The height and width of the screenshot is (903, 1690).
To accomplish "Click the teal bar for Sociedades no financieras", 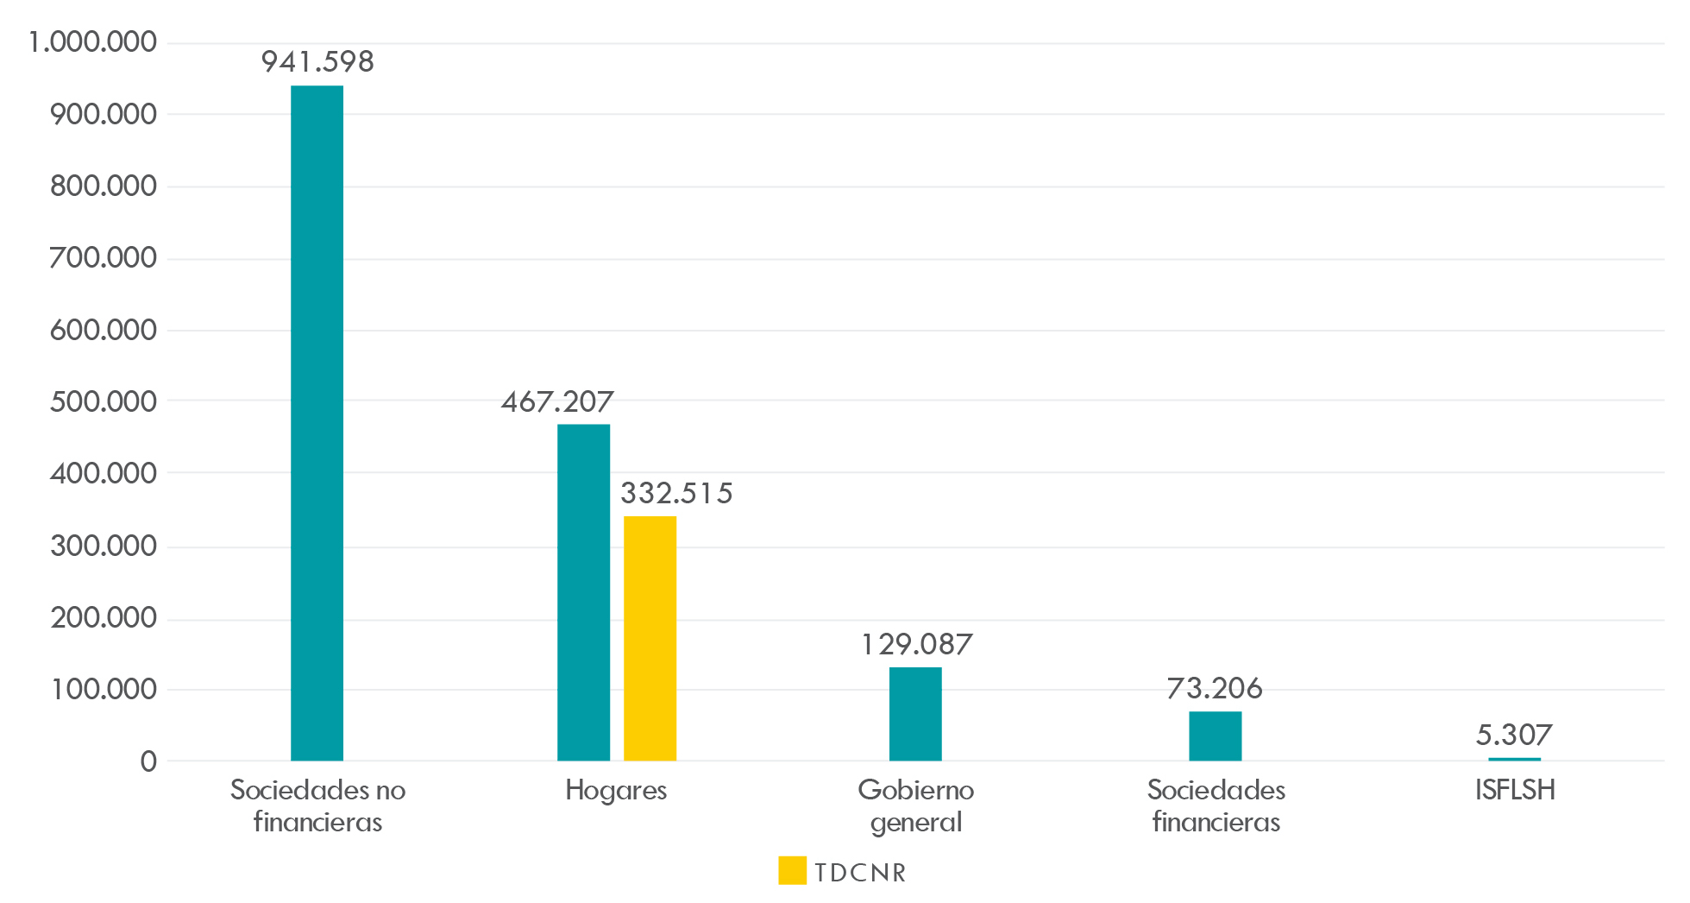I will pyautogui.click(x=317, y=423).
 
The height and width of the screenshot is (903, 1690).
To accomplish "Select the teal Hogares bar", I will pyautogui.click(x=583, y=592).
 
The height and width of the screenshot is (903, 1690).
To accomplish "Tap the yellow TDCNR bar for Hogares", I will pyautogui.click(x=650, y=638).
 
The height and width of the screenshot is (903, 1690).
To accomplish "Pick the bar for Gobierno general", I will pyautogui.click(x=915, y=714).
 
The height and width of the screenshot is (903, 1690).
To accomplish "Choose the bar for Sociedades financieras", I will pyautogui.click(x=1215, y=736).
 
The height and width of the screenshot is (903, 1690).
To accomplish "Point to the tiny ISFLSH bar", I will pyautogui.click(x=1514, y=759).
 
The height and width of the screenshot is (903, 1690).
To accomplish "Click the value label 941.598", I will pyautogui.click(x=317, y=62).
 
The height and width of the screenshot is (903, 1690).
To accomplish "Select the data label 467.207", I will pyautogui.click(x=557, y=402).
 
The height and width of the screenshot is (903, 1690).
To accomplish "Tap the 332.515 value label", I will pyautogui.click(x=676, y=494).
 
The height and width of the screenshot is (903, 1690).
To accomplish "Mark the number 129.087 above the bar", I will pyautogui.click(x=916, y=645).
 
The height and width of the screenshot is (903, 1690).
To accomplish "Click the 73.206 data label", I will pyautogui.click(x=1215, y=689).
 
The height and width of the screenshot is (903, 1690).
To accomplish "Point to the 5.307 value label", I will pyautogui.click(x=1514, y=736).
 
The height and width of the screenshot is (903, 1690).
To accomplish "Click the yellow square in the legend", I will pyautogui.click(x=792, y=870).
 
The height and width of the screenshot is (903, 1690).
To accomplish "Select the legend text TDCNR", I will pyautogui.click(x=860, y=873).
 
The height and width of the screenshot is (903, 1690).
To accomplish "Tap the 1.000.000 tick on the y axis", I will pyautogui.click(x=93, y=42).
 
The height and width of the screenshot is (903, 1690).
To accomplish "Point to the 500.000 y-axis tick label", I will pyautogui.click(x=104, y=401).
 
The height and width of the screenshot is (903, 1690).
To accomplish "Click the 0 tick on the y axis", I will pyautogui.click(x=148, y=761).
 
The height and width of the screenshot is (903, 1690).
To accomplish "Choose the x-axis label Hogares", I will pyautogui.click(x=616, y=791).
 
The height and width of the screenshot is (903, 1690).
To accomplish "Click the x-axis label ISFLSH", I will pyautogui.click(x=1515, y=790).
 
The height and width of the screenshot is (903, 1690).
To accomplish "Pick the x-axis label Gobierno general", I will pyautogui.click(x=916, y=805).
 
